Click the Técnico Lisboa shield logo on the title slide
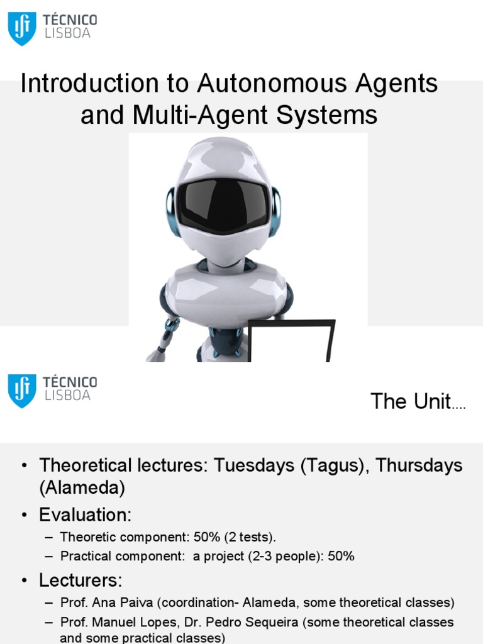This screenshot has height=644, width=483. tap(22, 29)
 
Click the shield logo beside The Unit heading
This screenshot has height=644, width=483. tap(22, 391)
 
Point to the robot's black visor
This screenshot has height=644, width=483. tap(223, 204)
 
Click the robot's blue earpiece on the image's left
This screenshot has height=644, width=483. tap(171, 211)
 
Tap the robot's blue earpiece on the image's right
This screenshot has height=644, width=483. tap(275, 211)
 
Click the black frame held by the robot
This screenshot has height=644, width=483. tap(291, 340)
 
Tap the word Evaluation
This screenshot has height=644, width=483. tap(86, 515)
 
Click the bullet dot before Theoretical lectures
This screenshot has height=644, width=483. tap(25, 466)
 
